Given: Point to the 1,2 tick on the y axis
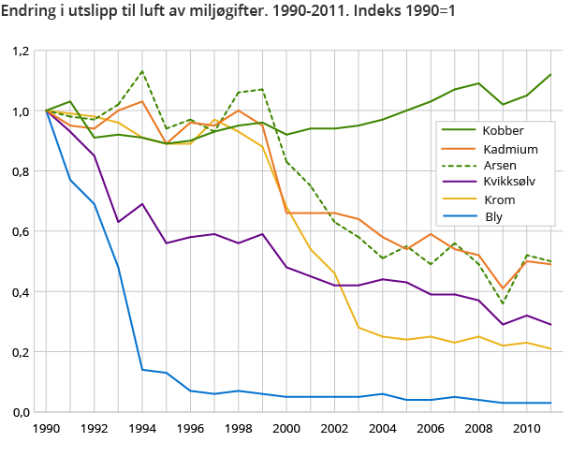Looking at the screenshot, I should (x=22, y=51).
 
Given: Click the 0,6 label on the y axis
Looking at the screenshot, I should (x=22, y=231).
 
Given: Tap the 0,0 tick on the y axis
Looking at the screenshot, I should (x=22, y=412).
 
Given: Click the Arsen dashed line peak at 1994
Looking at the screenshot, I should (x=141, y=71).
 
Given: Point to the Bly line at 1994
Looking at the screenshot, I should (x=141, y=369).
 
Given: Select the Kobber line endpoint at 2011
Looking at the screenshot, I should (x=550, y=74).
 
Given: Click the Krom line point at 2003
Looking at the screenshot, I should (x=358, y=328).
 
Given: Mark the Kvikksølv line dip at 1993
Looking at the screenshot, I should (x=118, y=222).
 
